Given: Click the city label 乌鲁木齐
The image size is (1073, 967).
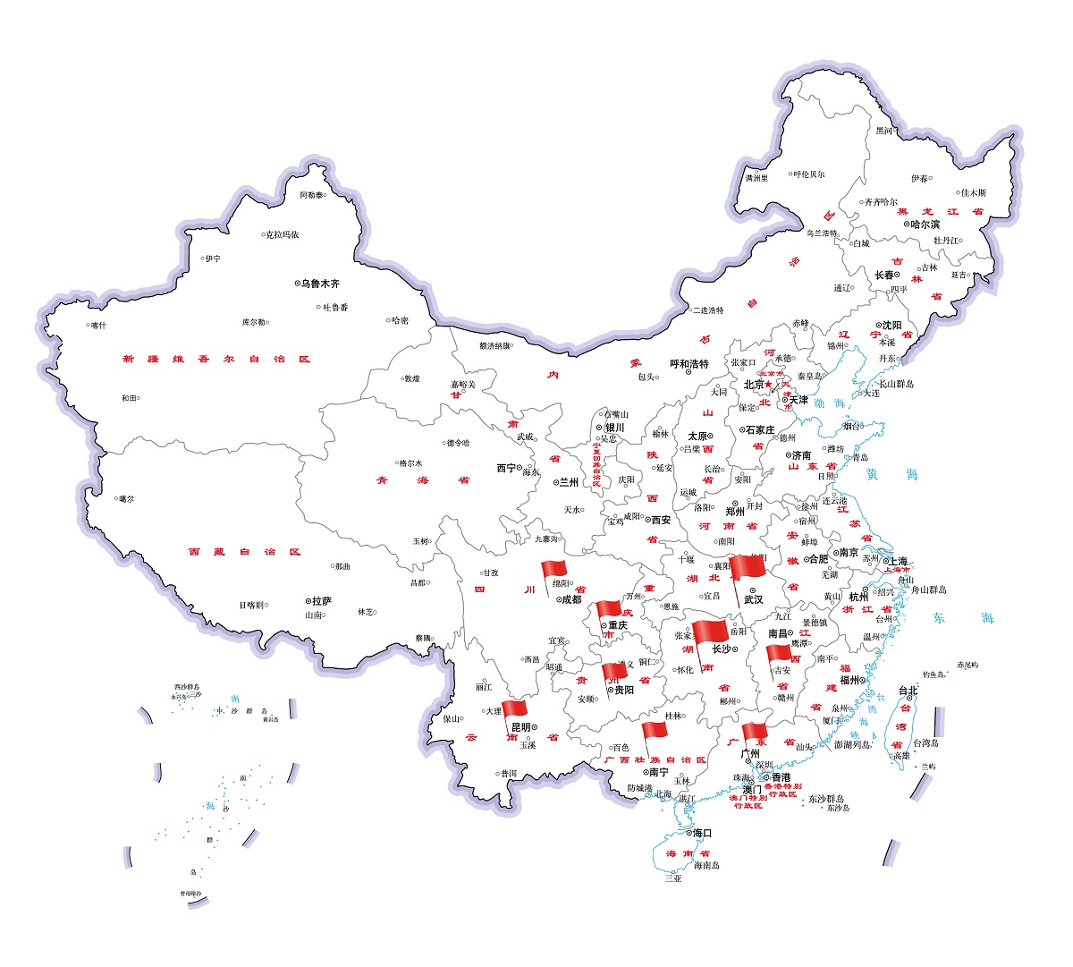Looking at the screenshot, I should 320,284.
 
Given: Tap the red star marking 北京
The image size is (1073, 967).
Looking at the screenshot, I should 767,385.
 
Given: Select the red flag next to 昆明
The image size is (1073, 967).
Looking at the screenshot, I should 514,709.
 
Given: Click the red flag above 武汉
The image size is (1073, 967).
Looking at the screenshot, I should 747,567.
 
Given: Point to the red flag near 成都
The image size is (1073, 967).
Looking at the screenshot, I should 553,570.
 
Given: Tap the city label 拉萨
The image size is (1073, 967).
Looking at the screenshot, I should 321,601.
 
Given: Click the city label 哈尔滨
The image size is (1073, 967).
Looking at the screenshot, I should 925,225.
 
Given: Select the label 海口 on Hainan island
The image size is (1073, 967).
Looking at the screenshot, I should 702,833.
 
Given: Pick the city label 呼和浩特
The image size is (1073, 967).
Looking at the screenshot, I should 689,364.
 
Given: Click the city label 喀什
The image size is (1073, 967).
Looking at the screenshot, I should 97,326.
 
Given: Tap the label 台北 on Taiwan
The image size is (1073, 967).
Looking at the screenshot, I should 908,690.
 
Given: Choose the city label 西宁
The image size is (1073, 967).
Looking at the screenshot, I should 506,468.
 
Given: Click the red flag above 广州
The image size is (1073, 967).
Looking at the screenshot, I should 755,733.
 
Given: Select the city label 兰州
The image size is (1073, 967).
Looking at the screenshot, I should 569,482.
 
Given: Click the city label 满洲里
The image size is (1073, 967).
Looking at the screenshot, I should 756,178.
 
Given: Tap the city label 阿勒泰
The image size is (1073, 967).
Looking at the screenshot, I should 311,195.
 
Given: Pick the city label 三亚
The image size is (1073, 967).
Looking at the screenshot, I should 672,878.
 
